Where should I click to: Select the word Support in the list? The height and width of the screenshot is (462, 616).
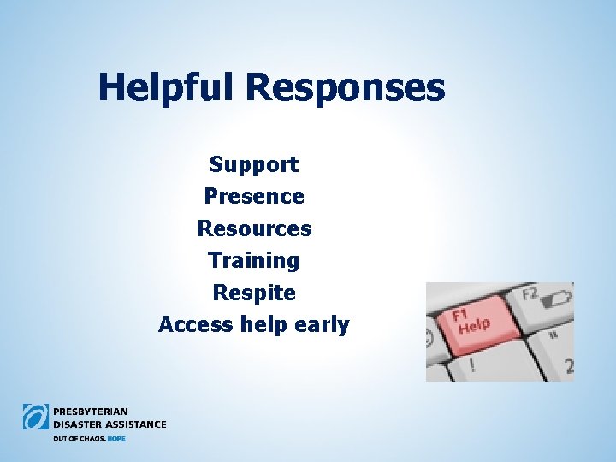[x=254, y=163]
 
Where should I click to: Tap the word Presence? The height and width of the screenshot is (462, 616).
[x=254, y=196]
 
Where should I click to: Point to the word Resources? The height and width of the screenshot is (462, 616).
[x=254, y=228]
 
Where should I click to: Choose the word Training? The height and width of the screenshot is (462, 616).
[x=254, y=260]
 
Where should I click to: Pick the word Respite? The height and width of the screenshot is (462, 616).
[x=254, y=293]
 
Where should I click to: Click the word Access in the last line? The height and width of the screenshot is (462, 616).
[x=192, y=325]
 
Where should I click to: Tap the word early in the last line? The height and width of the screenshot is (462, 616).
[x=322, y=326]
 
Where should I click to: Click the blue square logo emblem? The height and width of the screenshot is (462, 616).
[x=36, y=417]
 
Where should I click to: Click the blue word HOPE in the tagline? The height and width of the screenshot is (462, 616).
[x=115, y=438]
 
